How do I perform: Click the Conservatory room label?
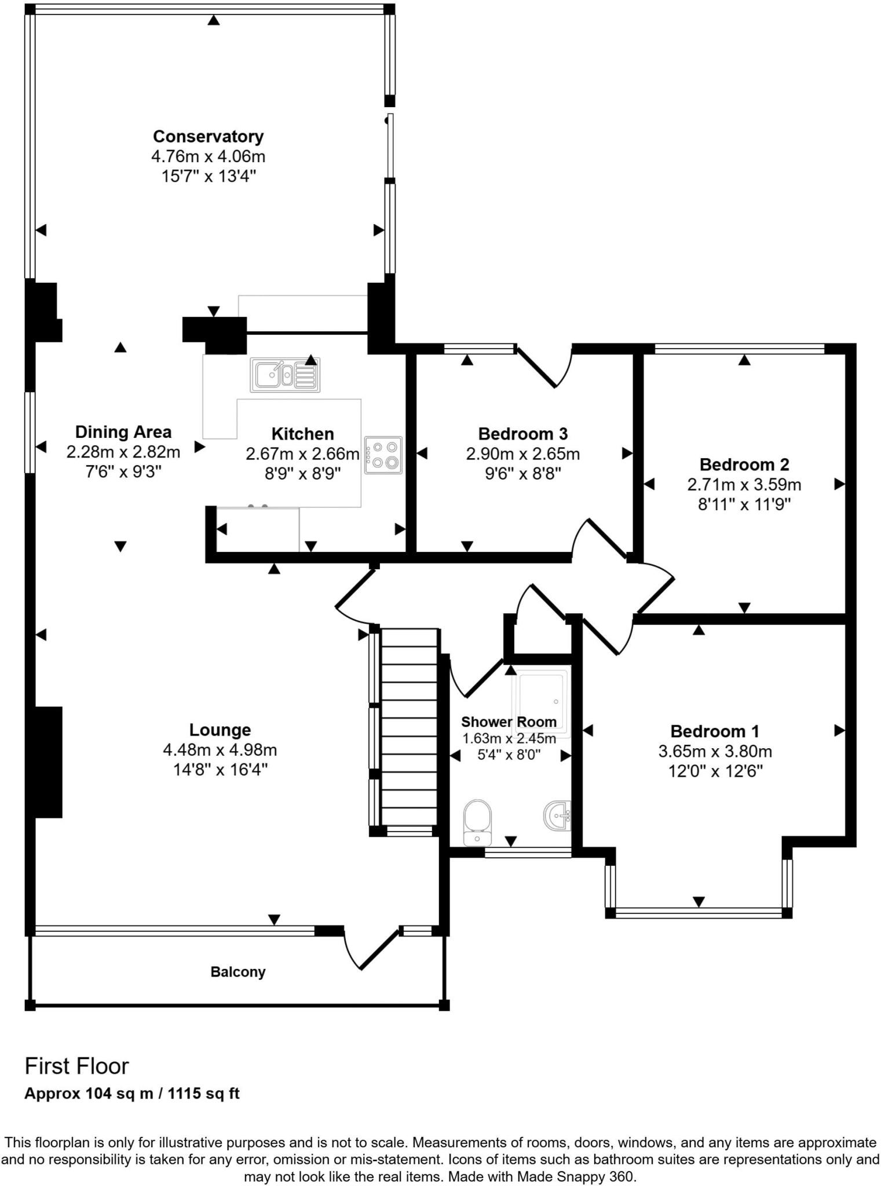coord(208,137)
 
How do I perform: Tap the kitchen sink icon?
coord(284,375)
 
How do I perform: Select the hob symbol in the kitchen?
coord(383,455)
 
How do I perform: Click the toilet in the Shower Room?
coord(477,822)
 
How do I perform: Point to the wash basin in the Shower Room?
coord(557,815)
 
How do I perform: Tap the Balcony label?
coord(237,972)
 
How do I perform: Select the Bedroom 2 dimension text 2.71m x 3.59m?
coord(744,484)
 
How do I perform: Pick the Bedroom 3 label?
coord(522,434)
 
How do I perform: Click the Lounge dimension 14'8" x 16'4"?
coord(220,770)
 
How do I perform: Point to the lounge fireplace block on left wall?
coord(47,762)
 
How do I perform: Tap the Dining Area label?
coord(123,432)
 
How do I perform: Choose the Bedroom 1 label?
coord(714,731)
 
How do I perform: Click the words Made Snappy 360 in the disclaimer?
coord(576,1177)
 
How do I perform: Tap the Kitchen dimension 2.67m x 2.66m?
coord(302,454)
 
